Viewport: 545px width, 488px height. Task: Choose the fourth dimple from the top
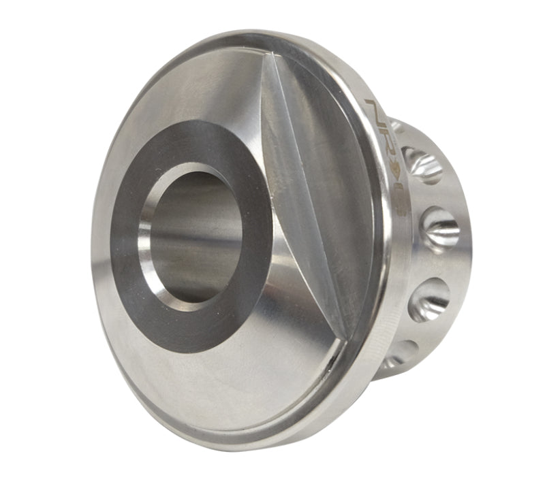pos(429,300)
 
